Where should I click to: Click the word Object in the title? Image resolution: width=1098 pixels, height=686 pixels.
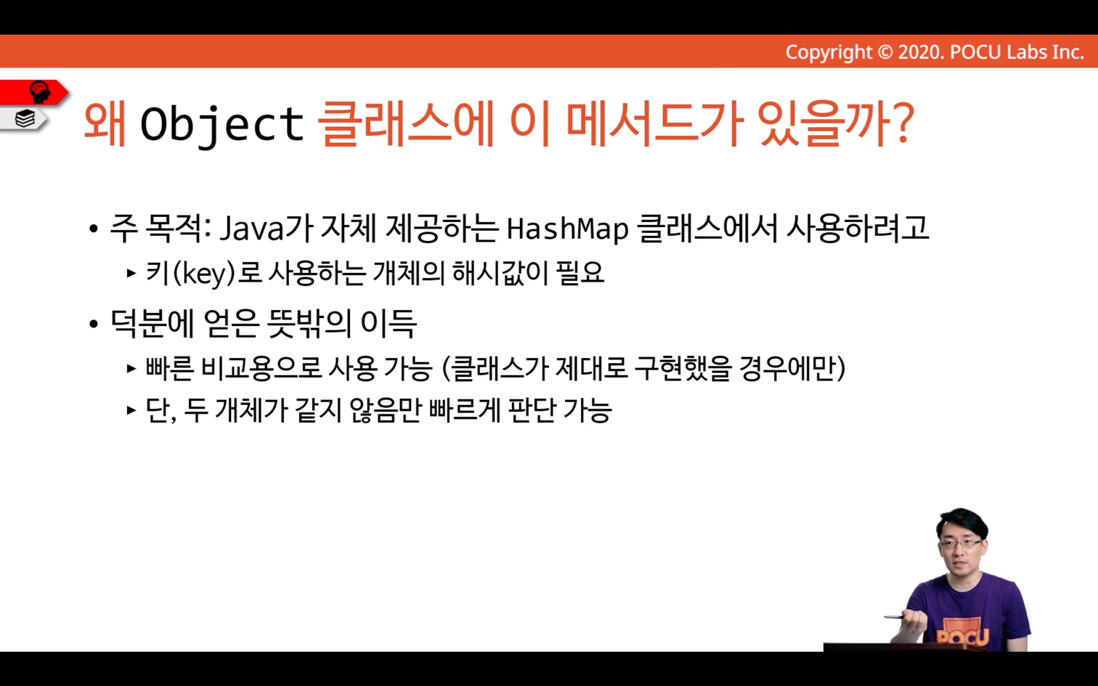coord(222,124)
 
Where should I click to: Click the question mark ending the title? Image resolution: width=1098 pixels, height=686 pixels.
coord(901,123)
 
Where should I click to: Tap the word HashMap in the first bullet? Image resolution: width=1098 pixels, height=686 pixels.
coord(568,229)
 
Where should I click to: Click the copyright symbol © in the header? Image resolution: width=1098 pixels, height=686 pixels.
coord(884,52)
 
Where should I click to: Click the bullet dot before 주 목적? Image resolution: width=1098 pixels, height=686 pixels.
coord(94,229)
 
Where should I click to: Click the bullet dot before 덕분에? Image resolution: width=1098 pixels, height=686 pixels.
coord(94,324)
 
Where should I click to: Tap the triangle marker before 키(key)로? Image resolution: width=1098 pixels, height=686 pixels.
coord(131,273)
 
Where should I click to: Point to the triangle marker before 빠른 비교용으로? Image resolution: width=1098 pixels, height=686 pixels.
coord(131,368)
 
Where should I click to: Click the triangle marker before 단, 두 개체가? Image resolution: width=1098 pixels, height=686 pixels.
coord(131,409)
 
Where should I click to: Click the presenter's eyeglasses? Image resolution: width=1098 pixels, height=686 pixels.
coord(961,544)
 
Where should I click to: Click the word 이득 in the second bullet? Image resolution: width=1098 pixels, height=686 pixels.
coord(389,324)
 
